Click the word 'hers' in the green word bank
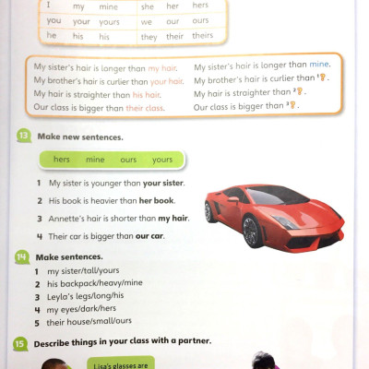[62, 160]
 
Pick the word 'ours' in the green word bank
[128, 160]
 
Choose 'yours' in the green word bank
[162, 160]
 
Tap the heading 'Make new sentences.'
[80, 137]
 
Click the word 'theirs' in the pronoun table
[202, 35]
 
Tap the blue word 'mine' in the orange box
[319, 66]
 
